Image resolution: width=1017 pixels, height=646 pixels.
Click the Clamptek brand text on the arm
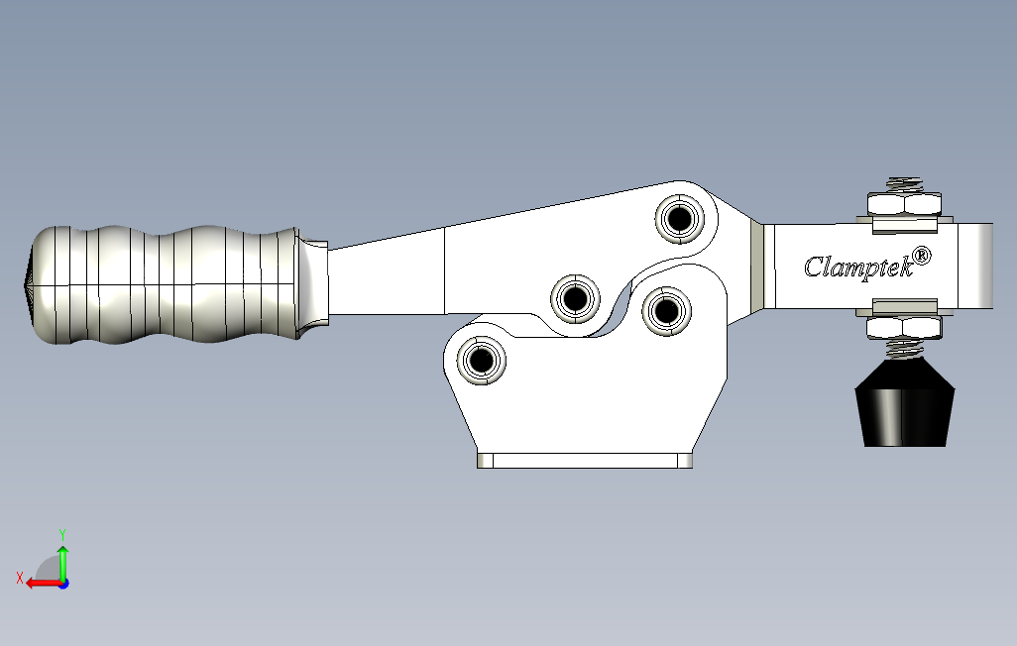(x=858, y=266)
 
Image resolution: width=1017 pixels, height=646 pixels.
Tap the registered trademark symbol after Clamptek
(x=922, y=256)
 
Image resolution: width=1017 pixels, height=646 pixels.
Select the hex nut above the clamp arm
(x=904, y=204)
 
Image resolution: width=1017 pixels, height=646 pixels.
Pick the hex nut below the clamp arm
(x=904, y=328)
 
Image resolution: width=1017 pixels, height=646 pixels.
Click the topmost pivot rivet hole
(x=680, y=219)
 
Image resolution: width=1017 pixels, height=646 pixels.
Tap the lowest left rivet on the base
(x=482, y=360)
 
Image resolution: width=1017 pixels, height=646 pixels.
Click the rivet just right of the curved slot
(x=666, y=311)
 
